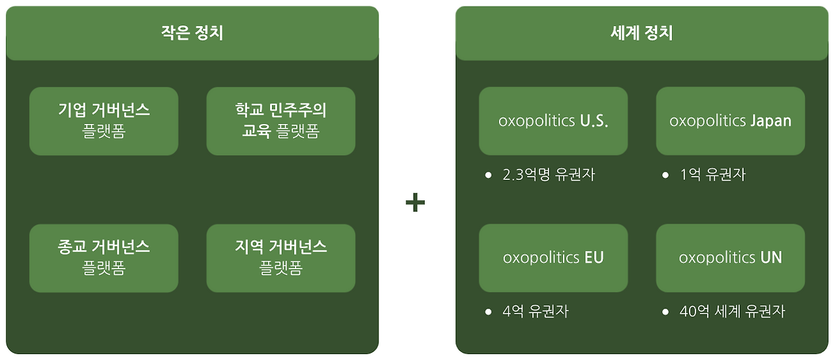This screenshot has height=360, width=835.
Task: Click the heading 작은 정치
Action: (192, 33)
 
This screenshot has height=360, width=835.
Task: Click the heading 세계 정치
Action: (641, 33)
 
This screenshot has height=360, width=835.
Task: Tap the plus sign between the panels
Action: (416, 202)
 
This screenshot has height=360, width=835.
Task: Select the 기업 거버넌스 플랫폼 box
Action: (104, 121)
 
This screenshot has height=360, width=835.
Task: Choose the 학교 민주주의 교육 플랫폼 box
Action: (281, 121)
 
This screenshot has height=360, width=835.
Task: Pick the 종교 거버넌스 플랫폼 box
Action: (104, 258)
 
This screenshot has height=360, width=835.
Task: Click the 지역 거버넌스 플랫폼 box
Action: (281, 258)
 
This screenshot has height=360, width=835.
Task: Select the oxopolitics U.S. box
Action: (554, 121)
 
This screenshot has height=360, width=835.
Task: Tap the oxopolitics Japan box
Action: (731, 121)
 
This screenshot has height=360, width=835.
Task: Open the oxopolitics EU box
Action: (554, 258)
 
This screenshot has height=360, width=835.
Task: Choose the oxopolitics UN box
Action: (731, 258)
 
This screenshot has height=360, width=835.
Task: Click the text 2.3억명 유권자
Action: (549, 174)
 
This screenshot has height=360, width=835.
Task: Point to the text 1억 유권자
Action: (713, 174)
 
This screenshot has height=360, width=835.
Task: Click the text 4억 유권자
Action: (536, 311)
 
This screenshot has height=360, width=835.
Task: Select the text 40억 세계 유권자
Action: (733, 311)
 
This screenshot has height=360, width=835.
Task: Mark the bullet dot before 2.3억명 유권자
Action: (489, 175)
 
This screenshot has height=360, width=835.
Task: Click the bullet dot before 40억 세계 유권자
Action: (665, 312)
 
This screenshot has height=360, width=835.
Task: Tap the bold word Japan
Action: (770, 121)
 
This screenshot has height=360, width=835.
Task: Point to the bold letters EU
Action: (594, 258)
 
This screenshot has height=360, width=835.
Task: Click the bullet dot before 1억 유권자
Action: (665, 175)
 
